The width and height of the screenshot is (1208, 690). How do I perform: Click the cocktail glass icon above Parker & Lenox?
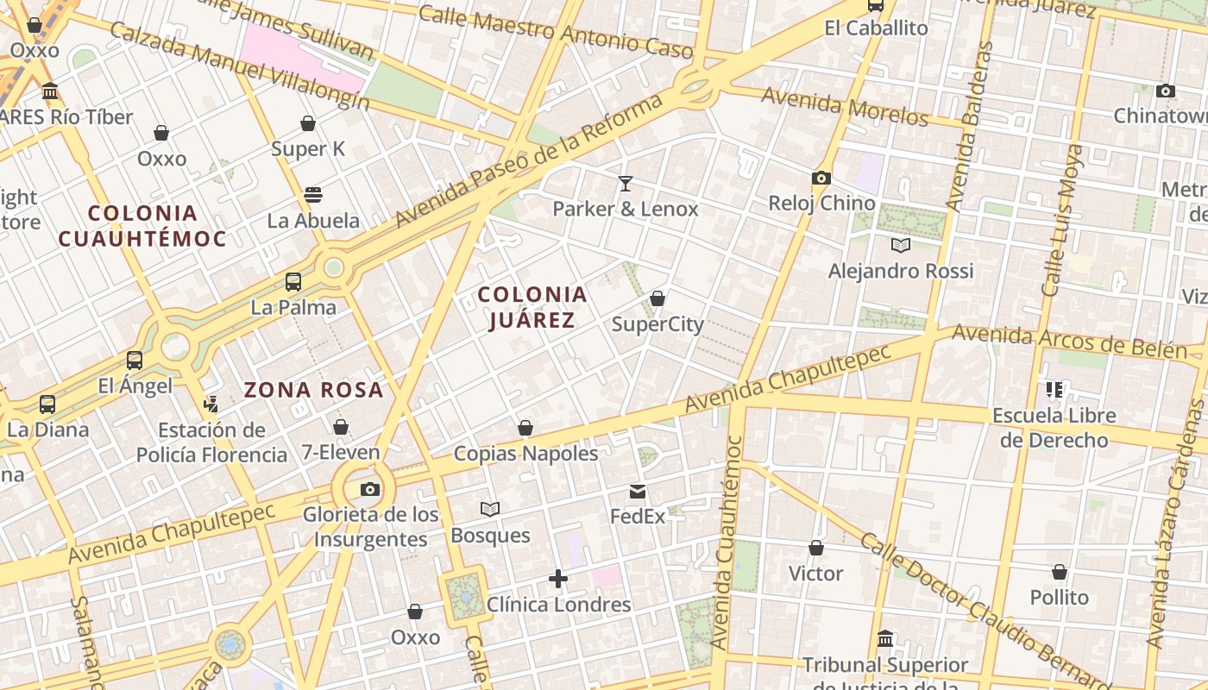pyautogui.click(x=626, y=183)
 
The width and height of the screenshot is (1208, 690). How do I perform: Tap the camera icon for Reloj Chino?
pyautogui.click(x=821, y=178)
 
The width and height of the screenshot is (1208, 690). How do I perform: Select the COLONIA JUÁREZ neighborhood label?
pyautogui.click(x=532, y=307)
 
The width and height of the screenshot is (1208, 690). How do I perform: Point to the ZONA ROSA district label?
pyautogui.click(x=313, y=390)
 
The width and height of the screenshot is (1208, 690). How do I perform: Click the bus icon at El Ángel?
pyautogui.click(x=135, y=361)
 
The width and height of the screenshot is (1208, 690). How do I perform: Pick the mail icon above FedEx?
pyautogui.click(x=638, y=492)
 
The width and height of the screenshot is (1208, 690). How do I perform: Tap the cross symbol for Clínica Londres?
pyautogui.click(x=558, y=579)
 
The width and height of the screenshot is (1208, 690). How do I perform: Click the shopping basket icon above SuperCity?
pyautogui.click(x=657, y=298)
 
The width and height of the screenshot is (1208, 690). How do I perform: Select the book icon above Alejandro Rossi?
pyautogui.click(x=901, y=246)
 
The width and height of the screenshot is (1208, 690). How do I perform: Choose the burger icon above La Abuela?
pyautogui.click(x=313, y=195)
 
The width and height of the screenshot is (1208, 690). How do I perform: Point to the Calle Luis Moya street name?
pyautogui.click(x=1061, y=220)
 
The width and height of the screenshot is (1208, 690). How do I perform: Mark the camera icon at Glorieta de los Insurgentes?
pyautogui.click(x=370, y=489)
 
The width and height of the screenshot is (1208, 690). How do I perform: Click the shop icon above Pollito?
pyautogui.click(x=1060, y=572)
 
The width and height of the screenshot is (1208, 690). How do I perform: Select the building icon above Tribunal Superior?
pyautogui.click(x=885, y=640)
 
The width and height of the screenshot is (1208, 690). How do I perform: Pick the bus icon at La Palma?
pyautogui.click(x=293, y=281)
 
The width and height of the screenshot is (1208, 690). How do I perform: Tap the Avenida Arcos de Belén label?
pyautogui.click(x=1070, y=342)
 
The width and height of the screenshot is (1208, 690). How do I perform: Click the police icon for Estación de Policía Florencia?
pyautogui.click(x=211, y=404)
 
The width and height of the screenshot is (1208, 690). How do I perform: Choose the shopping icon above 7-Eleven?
pyautogui.click(x=341, y=427)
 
